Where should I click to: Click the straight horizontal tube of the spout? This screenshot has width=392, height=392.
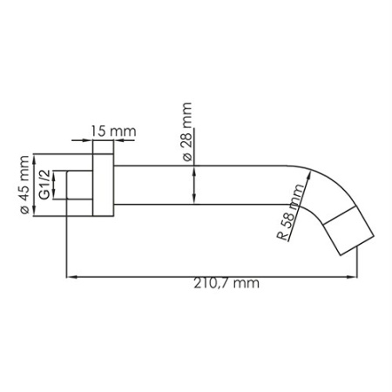point(200,185)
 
